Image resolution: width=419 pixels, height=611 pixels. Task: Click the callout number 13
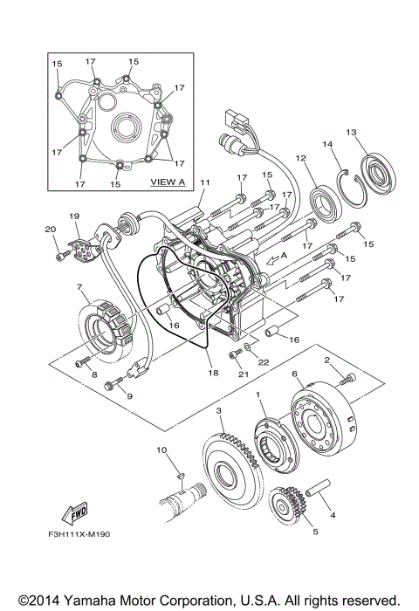click(351, 133)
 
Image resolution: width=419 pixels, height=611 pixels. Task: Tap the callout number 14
click(328, 143)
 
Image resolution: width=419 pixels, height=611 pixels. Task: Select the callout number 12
click(300, 159)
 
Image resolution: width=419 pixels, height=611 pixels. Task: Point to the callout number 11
click(205, 182)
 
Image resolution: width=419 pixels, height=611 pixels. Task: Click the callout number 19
click(74, 215)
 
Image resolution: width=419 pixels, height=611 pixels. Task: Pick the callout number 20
click(49, 230)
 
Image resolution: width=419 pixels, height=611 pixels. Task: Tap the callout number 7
click(79, 288)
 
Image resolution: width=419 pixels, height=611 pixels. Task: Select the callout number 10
click(161, 450)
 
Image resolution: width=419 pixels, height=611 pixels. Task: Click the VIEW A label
click(168, 182)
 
